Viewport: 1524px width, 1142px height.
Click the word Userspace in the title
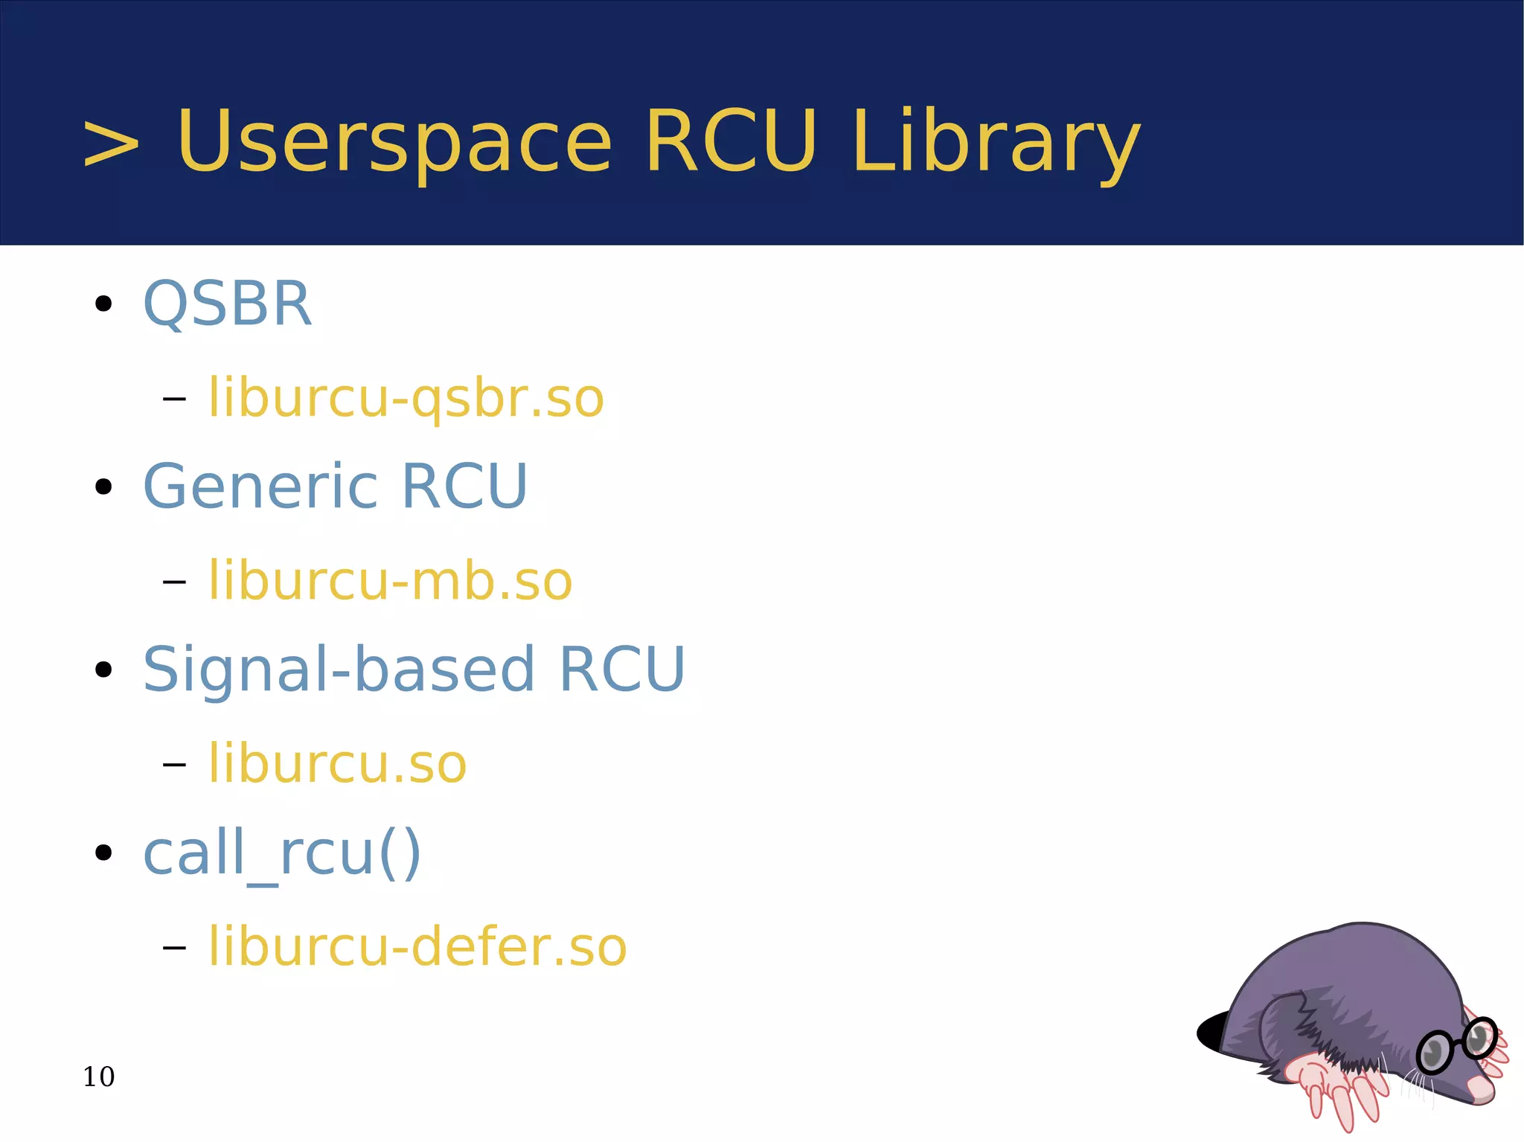(394, 141)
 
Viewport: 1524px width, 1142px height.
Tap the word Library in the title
(996, 141)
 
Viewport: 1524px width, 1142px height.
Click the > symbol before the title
(111, 143)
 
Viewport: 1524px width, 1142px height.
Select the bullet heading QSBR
(227, 304)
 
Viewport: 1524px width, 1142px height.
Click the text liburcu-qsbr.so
(406, 398)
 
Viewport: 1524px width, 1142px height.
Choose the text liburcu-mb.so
(390, 581)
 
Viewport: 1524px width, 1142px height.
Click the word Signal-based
(339, 669)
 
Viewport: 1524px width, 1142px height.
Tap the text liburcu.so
(337, 764)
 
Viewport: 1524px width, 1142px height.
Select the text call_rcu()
(282, 853)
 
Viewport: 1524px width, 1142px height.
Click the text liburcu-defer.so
(417, 946)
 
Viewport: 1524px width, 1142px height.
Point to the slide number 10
(98, 1077)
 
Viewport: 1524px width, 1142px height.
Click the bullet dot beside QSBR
(103, 304)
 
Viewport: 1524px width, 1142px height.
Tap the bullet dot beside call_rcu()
(103, 853)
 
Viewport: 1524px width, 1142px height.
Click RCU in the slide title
(731, 141)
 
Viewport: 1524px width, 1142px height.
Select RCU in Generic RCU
(464, 486)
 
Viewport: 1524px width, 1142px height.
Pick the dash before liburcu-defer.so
(173, 947)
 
